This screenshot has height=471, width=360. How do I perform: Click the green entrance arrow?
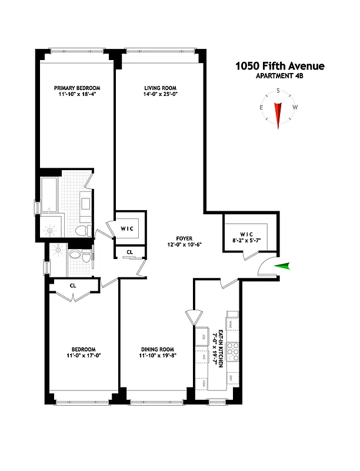pos(284,266)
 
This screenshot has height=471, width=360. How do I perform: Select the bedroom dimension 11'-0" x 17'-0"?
pos(81,355)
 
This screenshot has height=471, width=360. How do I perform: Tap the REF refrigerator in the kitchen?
pos(203,337)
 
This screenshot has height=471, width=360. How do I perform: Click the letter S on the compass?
pos(278,91)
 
